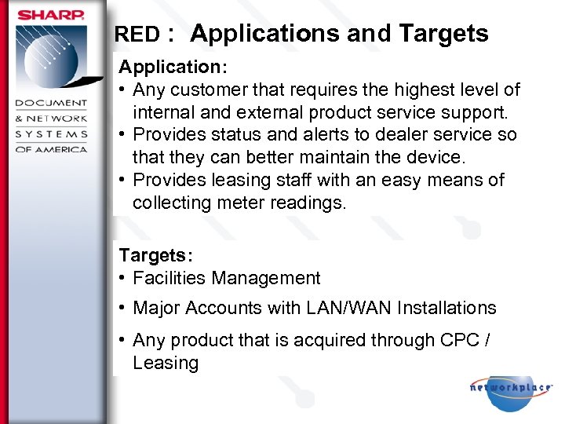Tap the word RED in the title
(x=137, y=35)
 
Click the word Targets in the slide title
(x=443, y=34)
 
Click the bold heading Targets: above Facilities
(x=155, y=255)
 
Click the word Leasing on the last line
(x=166, y=363)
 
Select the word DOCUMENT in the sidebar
(x=52, y=104)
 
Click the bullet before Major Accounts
(x=123, y=308)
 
